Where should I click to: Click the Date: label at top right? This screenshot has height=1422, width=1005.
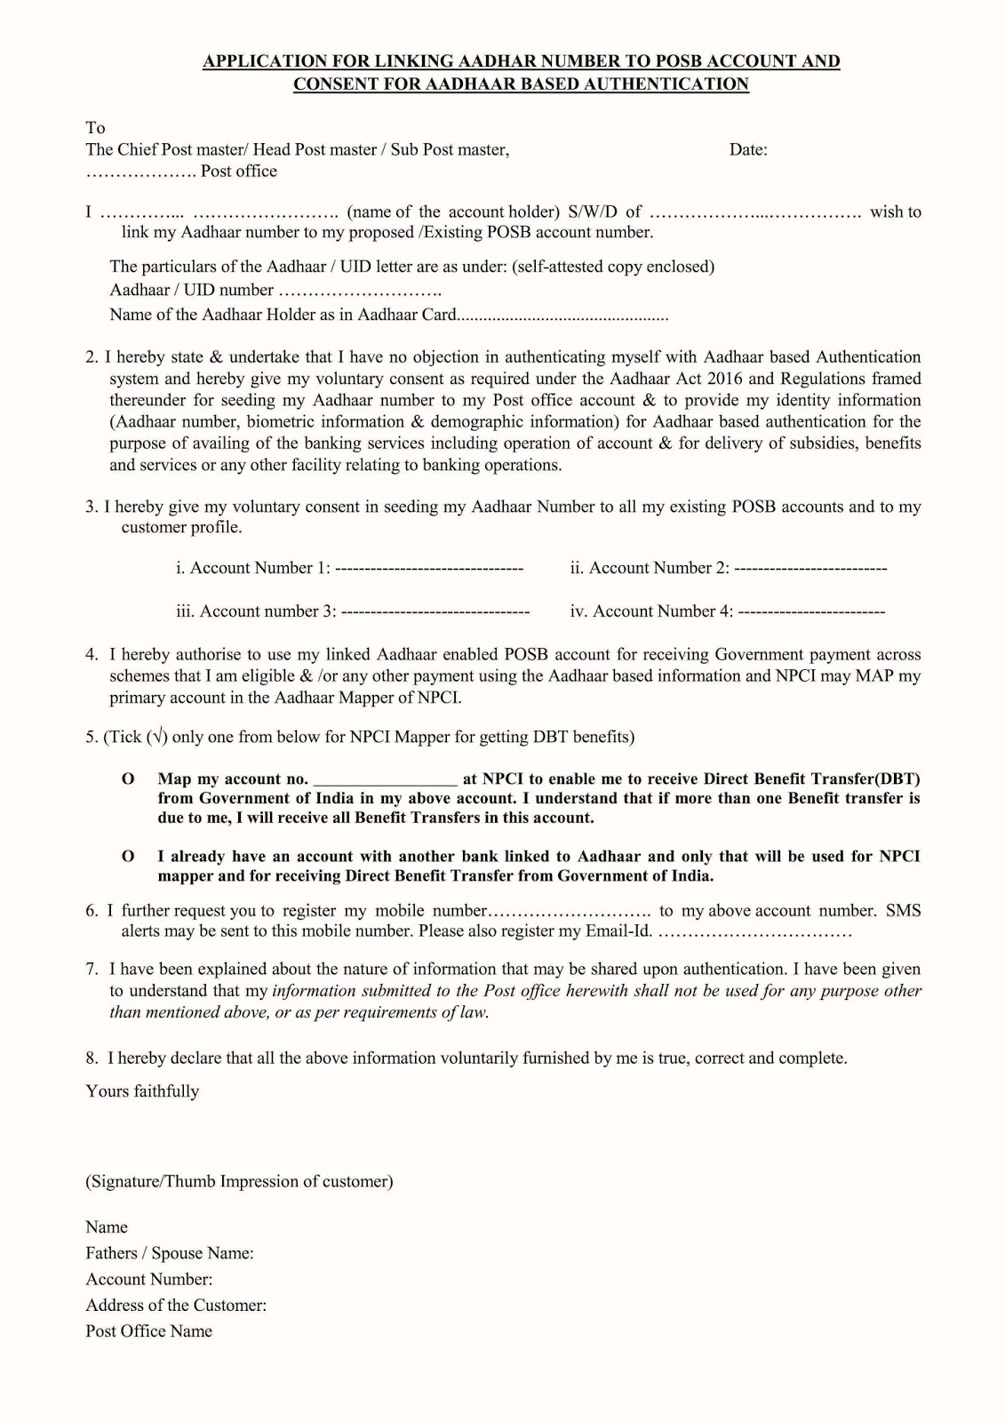748,149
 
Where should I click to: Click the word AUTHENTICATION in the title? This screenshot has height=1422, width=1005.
678,84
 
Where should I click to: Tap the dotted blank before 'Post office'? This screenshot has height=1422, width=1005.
140,172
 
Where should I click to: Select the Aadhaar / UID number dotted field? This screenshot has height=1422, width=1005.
360,291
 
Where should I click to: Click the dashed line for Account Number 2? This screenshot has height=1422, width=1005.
810,568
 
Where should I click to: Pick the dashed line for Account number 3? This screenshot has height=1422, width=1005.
435,611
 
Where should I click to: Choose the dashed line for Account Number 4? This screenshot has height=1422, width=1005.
811,611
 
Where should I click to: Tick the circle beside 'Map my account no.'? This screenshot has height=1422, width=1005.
128,779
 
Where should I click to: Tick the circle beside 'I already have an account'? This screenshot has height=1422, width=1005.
128,856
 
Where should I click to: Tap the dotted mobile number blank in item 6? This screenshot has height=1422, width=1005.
570,911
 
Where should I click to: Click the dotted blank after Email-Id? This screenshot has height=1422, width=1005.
756,932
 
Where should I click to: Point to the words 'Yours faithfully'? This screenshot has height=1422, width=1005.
142,1091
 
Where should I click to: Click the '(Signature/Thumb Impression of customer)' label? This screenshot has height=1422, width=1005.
239,1181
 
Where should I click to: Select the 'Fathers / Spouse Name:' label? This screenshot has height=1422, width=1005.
170,1253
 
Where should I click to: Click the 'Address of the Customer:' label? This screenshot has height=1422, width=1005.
176,1306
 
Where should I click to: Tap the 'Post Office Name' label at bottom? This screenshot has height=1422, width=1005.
149,1331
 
